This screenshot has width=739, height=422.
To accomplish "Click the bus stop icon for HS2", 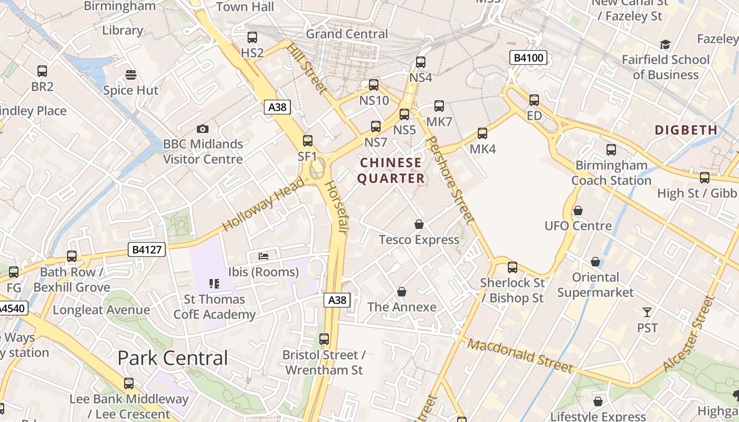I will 252,37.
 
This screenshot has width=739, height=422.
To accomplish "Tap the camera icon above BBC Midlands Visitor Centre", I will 202,129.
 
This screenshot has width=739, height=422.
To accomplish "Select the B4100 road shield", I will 528,57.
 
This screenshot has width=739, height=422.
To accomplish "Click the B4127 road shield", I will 147,250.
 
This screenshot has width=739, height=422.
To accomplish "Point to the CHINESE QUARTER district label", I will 391,170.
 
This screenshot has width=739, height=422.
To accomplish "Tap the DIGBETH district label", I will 686,130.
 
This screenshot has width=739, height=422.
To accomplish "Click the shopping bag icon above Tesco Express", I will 419,224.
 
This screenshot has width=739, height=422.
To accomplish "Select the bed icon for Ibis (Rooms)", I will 263,256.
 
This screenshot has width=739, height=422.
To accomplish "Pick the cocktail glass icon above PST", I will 647,312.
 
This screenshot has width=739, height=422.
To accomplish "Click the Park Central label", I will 173,358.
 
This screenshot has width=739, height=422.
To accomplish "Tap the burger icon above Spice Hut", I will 130,75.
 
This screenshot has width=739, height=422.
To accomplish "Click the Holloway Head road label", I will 263,205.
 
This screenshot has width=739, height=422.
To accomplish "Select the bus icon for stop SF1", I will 308,141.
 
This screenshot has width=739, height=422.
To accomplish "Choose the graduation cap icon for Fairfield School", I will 665,44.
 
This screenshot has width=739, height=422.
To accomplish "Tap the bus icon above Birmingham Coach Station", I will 611,150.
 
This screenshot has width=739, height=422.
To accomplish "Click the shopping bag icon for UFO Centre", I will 578,210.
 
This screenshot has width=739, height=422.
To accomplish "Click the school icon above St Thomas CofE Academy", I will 214,284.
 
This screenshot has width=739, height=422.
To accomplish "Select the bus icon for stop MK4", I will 482,133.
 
